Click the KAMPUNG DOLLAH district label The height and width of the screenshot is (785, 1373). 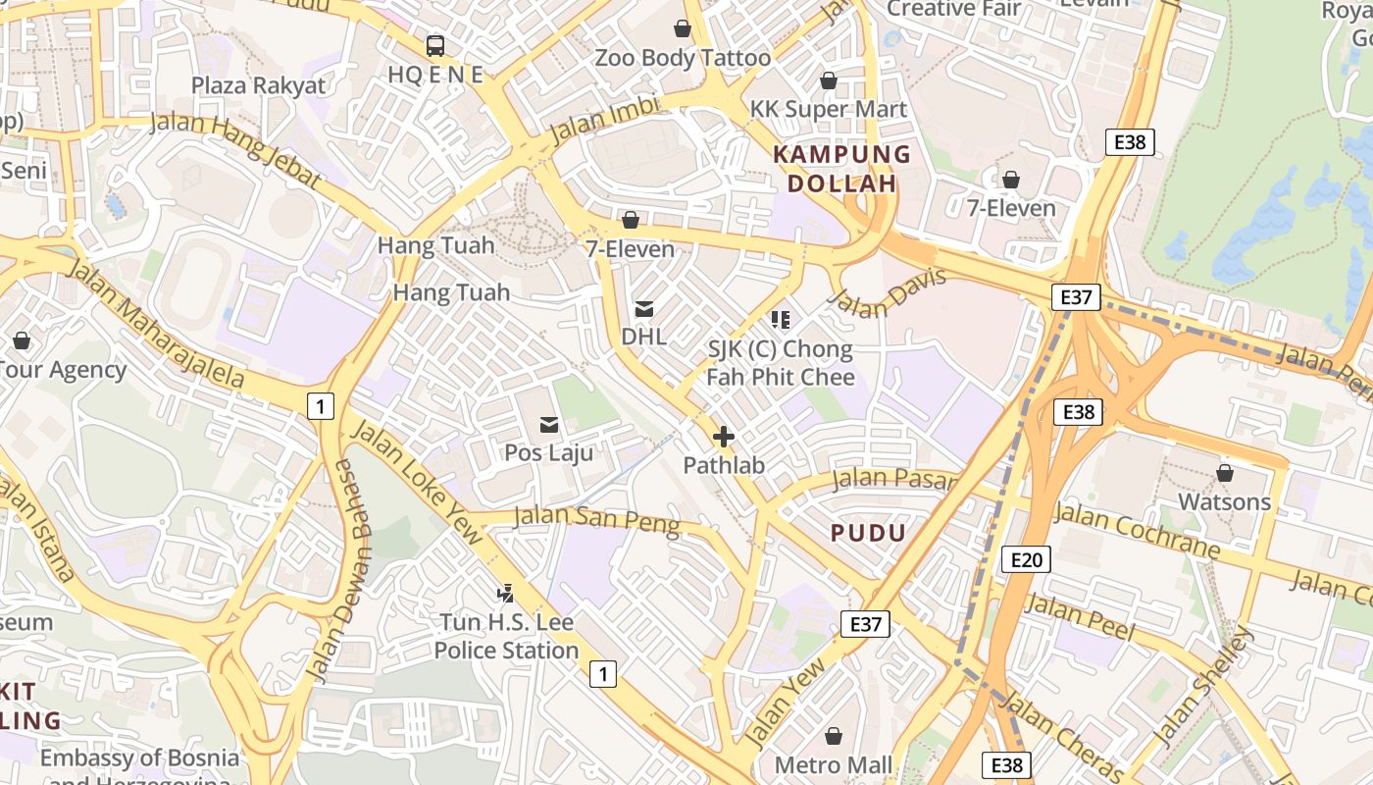(x=841, y=169)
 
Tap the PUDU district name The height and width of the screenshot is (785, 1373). (x=868, y=533)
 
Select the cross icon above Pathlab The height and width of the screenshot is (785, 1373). (x=724, y=437)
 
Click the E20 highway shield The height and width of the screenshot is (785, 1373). (x=1026, y=559)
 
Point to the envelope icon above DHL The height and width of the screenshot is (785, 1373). (x=644, y=309)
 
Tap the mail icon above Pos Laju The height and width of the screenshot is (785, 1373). (x=548, y=425)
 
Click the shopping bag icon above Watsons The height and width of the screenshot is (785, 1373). (x=1224, y=474)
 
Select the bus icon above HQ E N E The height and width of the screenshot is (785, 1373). (x=434, y=45)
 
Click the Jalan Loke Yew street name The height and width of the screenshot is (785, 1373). (x=417, y=481)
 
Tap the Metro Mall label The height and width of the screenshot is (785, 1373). (x=834, y=764)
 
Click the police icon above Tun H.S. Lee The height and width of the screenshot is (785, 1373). (x=506, y=593)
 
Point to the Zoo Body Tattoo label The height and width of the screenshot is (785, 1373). (x=683, y=58)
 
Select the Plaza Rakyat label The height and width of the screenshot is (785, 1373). (x=258, y=85)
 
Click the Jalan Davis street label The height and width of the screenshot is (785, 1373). (x=889, y=291)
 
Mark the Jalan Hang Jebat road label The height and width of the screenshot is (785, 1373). (x=234, y=150)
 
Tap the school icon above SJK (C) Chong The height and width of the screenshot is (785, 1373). (x=781, y=319)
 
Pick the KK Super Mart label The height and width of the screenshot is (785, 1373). (x=829, y=109)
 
